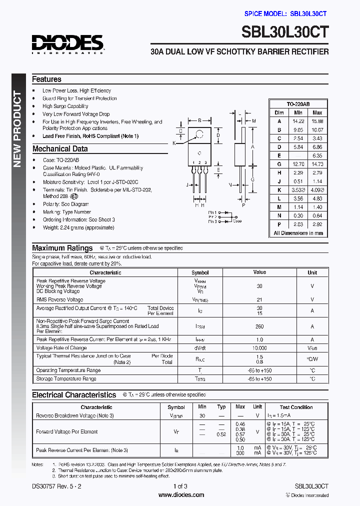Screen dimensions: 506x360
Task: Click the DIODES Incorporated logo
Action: click(x=67, y=43)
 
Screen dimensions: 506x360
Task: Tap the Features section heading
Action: click(x=46, y=79)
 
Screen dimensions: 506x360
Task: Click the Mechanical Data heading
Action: click(x=59, y=148)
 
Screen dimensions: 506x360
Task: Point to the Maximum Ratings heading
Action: click(x=62, y=248)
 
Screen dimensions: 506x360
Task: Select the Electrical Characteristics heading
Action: click(x=74, y=395)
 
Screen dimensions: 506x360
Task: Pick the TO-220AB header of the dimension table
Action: click(x=298, y=104)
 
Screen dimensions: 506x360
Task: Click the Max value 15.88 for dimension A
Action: click(x=317, y=121)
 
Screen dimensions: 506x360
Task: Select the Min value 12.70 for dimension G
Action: click(x=298, y=163)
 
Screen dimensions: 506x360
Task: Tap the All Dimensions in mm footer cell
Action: click(x=298, y=233)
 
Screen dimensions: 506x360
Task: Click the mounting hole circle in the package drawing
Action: click(x=199, y=134)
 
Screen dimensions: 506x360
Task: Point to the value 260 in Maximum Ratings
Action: click(x=259, y=326)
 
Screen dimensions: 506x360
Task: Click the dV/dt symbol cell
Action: click(x=200, y=348)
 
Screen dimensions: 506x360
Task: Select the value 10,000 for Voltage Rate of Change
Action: click(x=259, y=348)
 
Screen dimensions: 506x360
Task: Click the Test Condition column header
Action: click(x=296, y=407)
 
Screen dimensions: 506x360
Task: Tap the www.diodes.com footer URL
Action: click(x=181, y=495)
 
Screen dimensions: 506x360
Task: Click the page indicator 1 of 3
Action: click(x=180, y=486)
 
